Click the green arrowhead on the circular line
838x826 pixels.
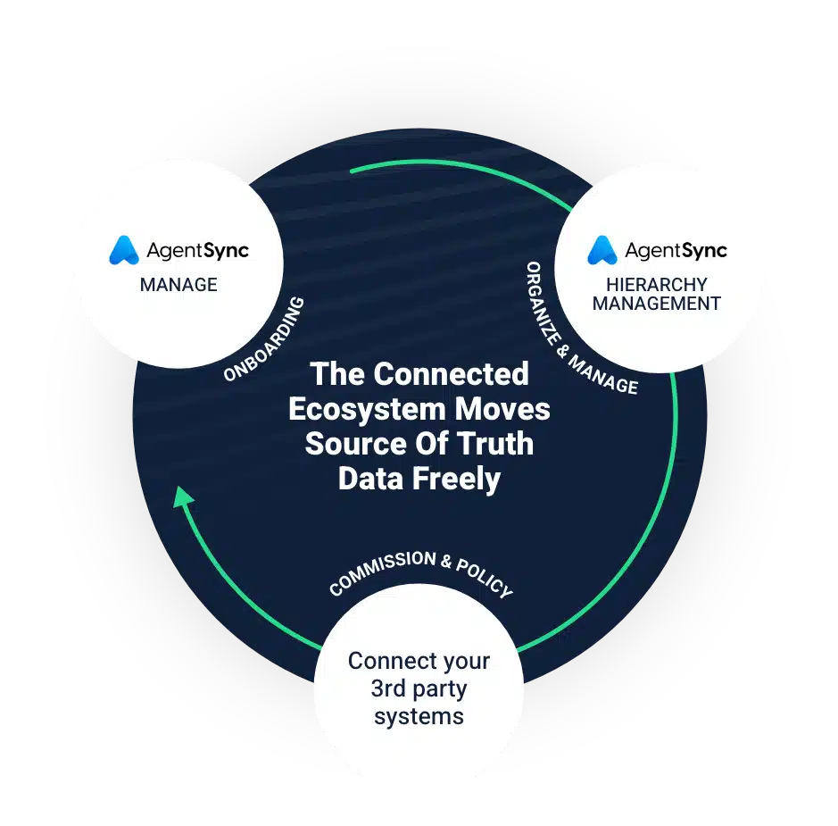pyautogui.click(x=183, y=496)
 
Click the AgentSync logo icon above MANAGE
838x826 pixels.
pyautogui.click(x=123, y=251)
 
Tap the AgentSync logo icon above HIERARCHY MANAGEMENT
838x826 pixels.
pyautogui.click(x=602, y=251)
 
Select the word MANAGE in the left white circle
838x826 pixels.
pyautogui.click(x=178, y=285)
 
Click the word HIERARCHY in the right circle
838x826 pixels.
pyautogui.click(x=656, y=285)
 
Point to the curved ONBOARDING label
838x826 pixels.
pyautogui.click(x=264, y=338)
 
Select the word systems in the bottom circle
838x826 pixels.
pyautogui.click(x=419, y=716)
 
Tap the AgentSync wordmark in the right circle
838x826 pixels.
pyautogui.click(x=676, y=251)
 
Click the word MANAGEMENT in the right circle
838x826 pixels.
pyautogui.click(x=656, y=304)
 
